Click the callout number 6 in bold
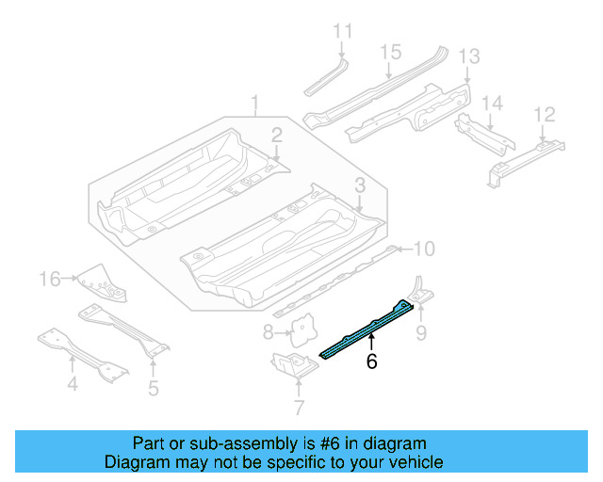371,361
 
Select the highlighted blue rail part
367,329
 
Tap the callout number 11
341,31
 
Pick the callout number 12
545,115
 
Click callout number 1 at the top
254,102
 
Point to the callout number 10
424,249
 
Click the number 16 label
49,278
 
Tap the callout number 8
269,331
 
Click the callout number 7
299,407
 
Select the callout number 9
421,330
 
